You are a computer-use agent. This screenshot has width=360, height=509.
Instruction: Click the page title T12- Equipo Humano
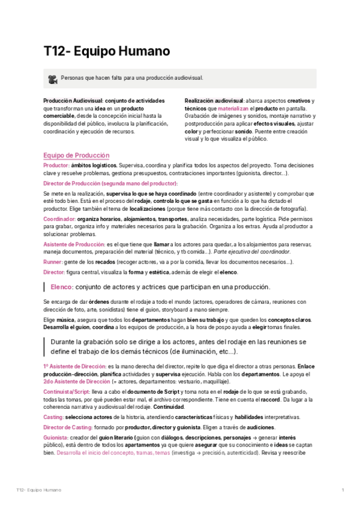106,51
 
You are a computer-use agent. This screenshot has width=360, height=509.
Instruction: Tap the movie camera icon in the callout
53,79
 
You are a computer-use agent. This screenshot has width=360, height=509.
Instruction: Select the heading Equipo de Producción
76,154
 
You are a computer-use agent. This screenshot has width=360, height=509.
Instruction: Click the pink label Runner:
52,262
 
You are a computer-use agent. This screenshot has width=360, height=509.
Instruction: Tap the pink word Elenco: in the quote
62,286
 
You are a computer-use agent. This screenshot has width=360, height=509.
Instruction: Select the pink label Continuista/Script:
70,391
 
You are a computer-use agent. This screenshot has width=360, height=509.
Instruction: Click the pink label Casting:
53,417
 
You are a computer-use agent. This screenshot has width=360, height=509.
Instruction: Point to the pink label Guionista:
56,438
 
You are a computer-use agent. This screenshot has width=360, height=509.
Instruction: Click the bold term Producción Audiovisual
73,100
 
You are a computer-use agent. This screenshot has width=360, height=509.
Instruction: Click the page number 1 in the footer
343,490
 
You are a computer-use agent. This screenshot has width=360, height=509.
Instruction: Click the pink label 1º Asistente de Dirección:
75,366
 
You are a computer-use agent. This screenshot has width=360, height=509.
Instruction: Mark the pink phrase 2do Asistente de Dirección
77,381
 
